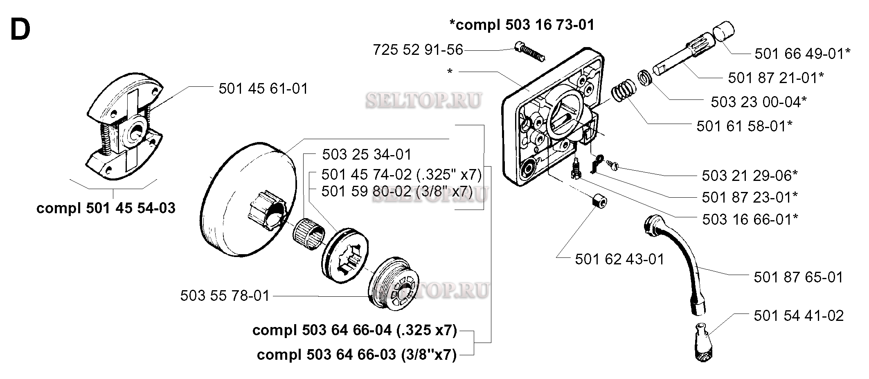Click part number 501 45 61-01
pyautogui.click(x=263, y=89)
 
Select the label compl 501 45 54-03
pyautogui.click(x=106, y=208)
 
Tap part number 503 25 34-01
pyautogui.click(x=367, y=155)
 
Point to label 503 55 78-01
pyautogui.click(x=225, y=296)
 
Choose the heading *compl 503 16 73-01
pyautogui.click(x=522, y=25)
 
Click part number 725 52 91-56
pyautogui.click(x=418, y=50)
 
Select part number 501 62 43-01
pyautogui.click(x=619, y=259)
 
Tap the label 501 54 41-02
pyautogui.click(x=799, y=316)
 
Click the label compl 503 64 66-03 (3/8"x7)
pyautogui.click(x=356, y=355)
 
